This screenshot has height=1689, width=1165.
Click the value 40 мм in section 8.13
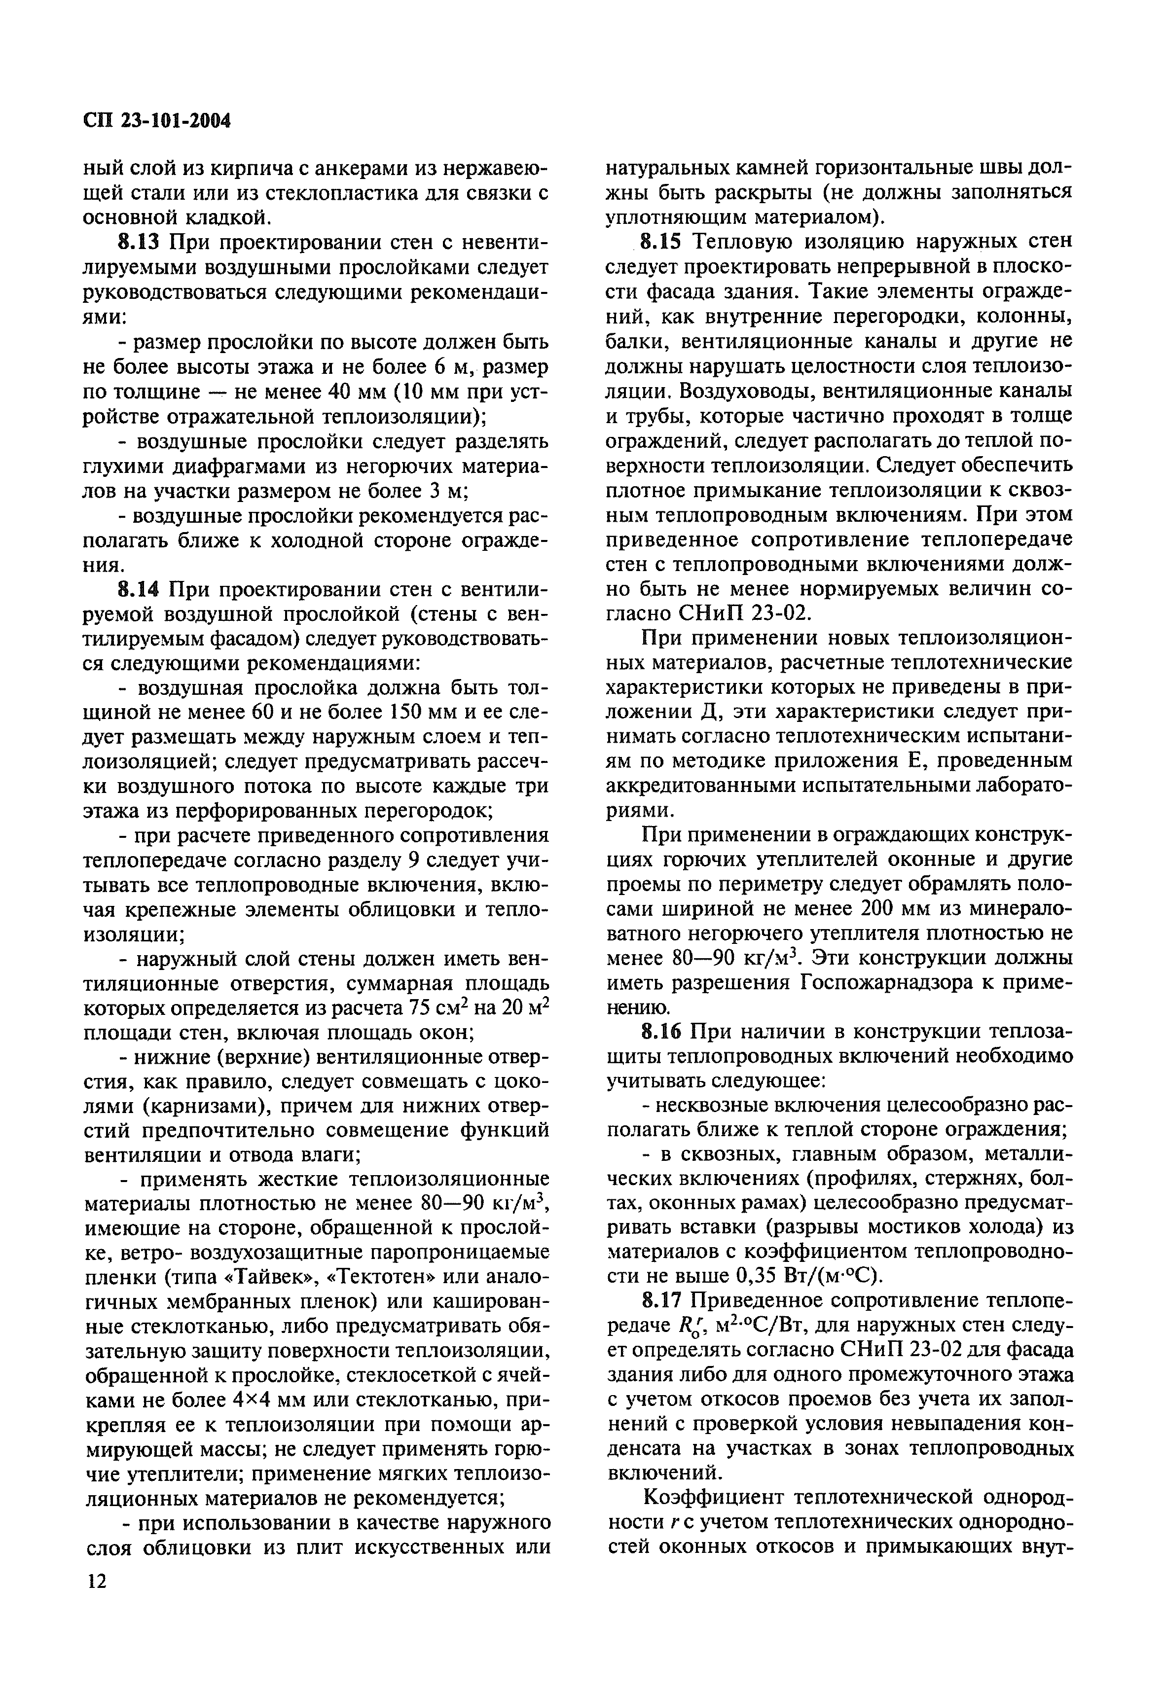[350, 391]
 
